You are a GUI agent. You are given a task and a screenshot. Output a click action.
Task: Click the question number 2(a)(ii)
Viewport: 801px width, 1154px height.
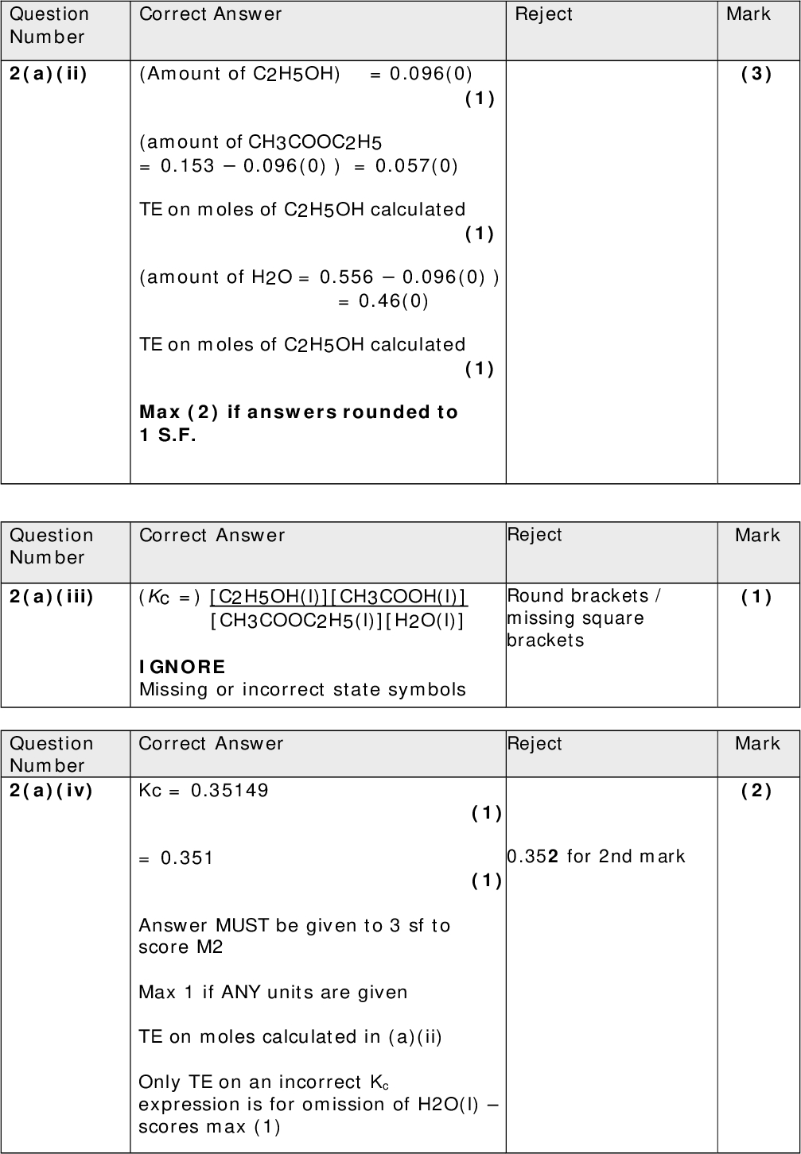click(49, 74)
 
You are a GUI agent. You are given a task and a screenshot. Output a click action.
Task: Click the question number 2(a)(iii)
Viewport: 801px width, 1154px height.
click(52, 596)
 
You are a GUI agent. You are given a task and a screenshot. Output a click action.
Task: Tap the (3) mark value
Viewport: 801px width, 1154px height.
click(756, 74)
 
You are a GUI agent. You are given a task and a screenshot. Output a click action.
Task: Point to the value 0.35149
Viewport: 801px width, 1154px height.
click(230, 791)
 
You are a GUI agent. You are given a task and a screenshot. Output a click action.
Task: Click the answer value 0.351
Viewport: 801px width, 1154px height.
click(187, 858)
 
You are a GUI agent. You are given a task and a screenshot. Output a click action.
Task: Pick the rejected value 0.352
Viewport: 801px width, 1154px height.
click(534, 857)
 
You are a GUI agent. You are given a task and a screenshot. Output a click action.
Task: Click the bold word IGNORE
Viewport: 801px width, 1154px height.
click(182, 667)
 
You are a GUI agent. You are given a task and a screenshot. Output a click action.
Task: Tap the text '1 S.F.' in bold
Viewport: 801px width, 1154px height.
click(167, 435)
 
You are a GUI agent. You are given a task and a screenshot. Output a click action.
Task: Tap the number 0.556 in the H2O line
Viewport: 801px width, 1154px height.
click(346, 277)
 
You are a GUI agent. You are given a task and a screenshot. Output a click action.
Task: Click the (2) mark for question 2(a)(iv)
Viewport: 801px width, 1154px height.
click(756, 791)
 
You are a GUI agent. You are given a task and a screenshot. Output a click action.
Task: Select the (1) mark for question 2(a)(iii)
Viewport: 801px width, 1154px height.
click(756, 597)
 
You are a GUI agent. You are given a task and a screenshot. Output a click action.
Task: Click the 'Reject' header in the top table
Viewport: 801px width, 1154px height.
click(543, 14)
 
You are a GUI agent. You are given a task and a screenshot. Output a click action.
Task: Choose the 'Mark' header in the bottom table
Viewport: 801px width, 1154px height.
click(757, 744)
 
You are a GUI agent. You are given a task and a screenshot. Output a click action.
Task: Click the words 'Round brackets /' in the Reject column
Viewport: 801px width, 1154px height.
click(583, 596)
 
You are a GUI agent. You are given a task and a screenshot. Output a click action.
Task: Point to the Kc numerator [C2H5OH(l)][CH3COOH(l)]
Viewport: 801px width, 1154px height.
click(338, 597)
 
